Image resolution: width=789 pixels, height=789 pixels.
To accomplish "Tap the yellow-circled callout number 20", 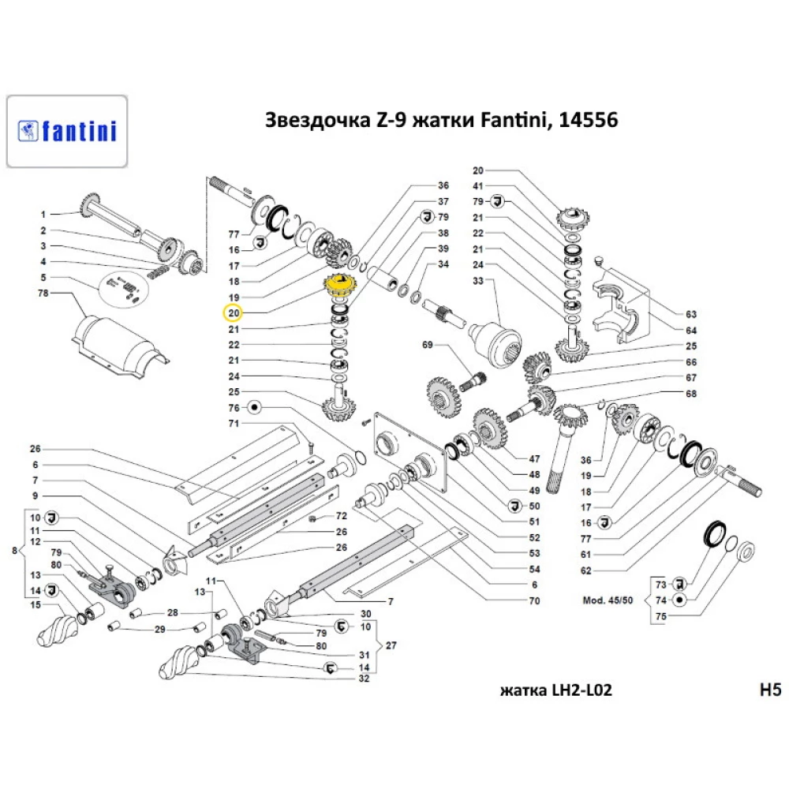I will tap(234, 313).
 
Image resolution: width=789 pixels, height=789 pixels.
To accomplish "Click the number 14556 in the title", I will tap(588, 121).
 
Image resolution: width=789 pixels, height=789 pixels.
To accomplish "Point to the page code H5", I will tap(768, 690).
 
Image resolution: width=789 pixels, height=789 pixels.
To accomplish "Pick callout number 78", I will tap(44, 294).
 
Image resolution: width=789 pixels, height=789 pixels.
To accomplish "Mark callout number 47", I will tap(534, 458).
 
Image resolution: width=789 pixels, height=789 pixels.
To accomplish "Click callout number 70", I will tap(534, 601).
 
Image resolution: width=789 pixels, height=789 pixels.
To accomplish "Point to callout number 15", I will tap(35, 605).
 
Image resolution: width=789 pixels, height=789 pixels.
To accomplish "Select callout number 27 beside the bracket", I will tap(391, 645).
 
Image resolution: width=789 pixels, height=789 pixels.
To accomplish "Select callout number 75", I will tap(661, 615).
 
